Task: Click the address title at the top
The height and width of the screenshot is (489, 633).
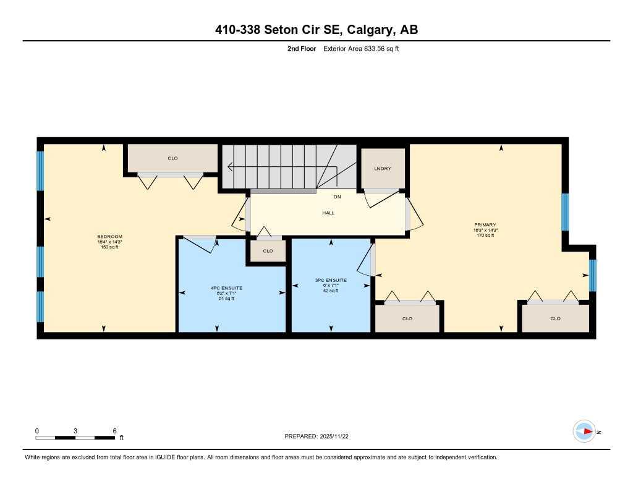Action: coord(316,30)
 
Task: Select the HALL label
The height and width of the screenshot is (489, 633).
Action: coord(328,213)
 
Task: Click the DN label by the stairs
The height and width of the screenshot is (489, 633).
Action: coord(338,197)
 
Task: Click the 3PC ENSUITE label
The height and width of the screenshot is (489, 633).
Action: coord(331,280)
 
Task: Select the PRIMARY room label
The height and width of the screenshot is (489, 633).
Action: coord(485,225)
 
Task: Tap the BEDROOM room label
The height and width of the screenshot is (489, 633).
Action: coord(109,237)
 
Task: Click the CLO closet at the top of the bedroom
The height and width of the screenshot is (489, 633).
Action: coord(172,158)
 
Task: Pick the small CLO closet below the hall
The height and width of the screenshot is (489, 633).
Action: coord(268,251)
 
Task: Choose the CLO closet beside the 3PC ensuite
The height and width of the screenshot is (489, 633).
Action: coord(407,318)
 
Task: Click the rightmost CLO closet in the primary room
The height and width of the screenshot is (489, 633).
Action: coord(555,318)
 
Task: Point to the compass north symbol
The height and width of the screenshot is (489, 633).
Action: coord(584,431)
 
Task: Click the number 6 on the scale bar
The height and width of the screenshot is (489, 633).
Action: coord(115,430)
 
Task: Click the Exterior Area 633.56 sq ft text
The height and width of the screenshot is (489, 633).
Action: coord(361,48)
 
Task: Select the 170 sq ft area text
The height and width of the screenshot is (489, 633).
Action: coord(485,236)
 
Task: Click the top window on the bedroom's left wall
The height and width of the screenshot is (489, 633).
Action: coord(41,170)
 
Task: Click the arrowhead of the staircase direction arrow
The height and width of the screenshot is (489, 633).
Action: coord(230,166)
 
